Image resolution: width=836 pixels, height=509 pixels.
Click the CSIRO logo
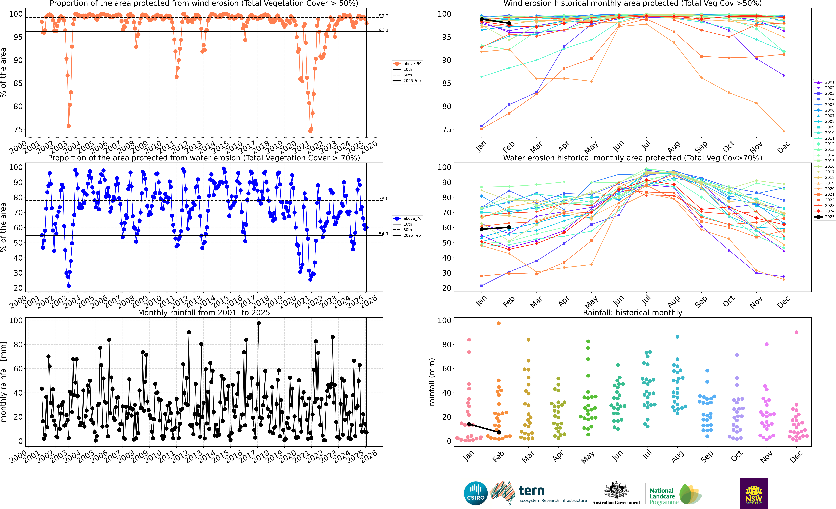[x=476, y=493]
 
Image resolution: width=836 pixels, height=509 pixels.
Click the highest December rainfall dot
[x=796, y=332]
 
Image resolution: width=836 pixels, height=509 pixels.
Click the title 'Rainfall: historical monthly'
[x=632, y=313]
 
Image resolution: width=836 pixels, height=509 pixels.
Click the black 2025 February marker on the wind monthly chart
[x=509, y=23]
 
